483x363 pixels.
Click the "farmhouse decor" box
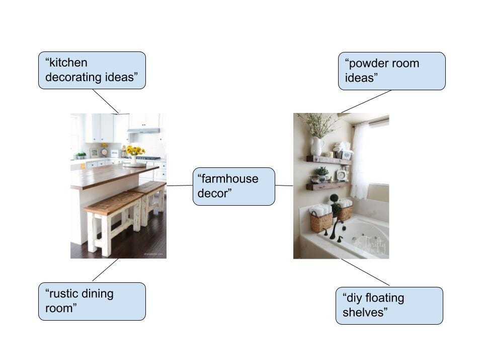pyautogui.click(x=234, y=187)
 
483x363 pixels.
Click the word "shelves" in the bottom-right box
pyautogui.click(x=365, y=313)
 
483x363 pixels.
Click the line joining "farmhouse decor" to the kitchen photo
pyautogui.click(x=180, y=186)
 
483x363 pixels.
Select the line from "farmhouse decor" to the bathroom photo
pyautogui.click(x=284, y=186)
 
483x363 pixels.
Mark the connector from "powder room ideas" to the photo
pyautogui.click(x=366, y=101)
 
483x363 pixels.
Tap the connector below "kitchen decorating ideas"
pyautogui.click(x=105, y=101)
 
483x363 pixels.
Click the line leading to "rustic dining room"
pyautogui.click(x=105, y=270)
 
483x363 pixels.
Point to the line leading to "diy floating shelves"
pyautogui.click(x=365, y=272)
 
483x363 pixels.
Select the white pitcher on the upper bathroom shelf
pyautogui.click(x=317, y=146)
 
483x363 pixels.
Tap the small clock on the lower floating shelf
pyautogui.click(x=342, y=175)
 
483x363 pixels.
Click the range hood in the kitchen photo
pyautogui.click(x=143, y=131)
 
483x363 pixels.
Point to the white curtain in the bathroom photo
pyautogui.click(x=363, y=160)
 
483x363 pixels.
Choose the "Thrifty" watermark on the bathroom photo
pyautogui.click(x=373, y=245)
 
